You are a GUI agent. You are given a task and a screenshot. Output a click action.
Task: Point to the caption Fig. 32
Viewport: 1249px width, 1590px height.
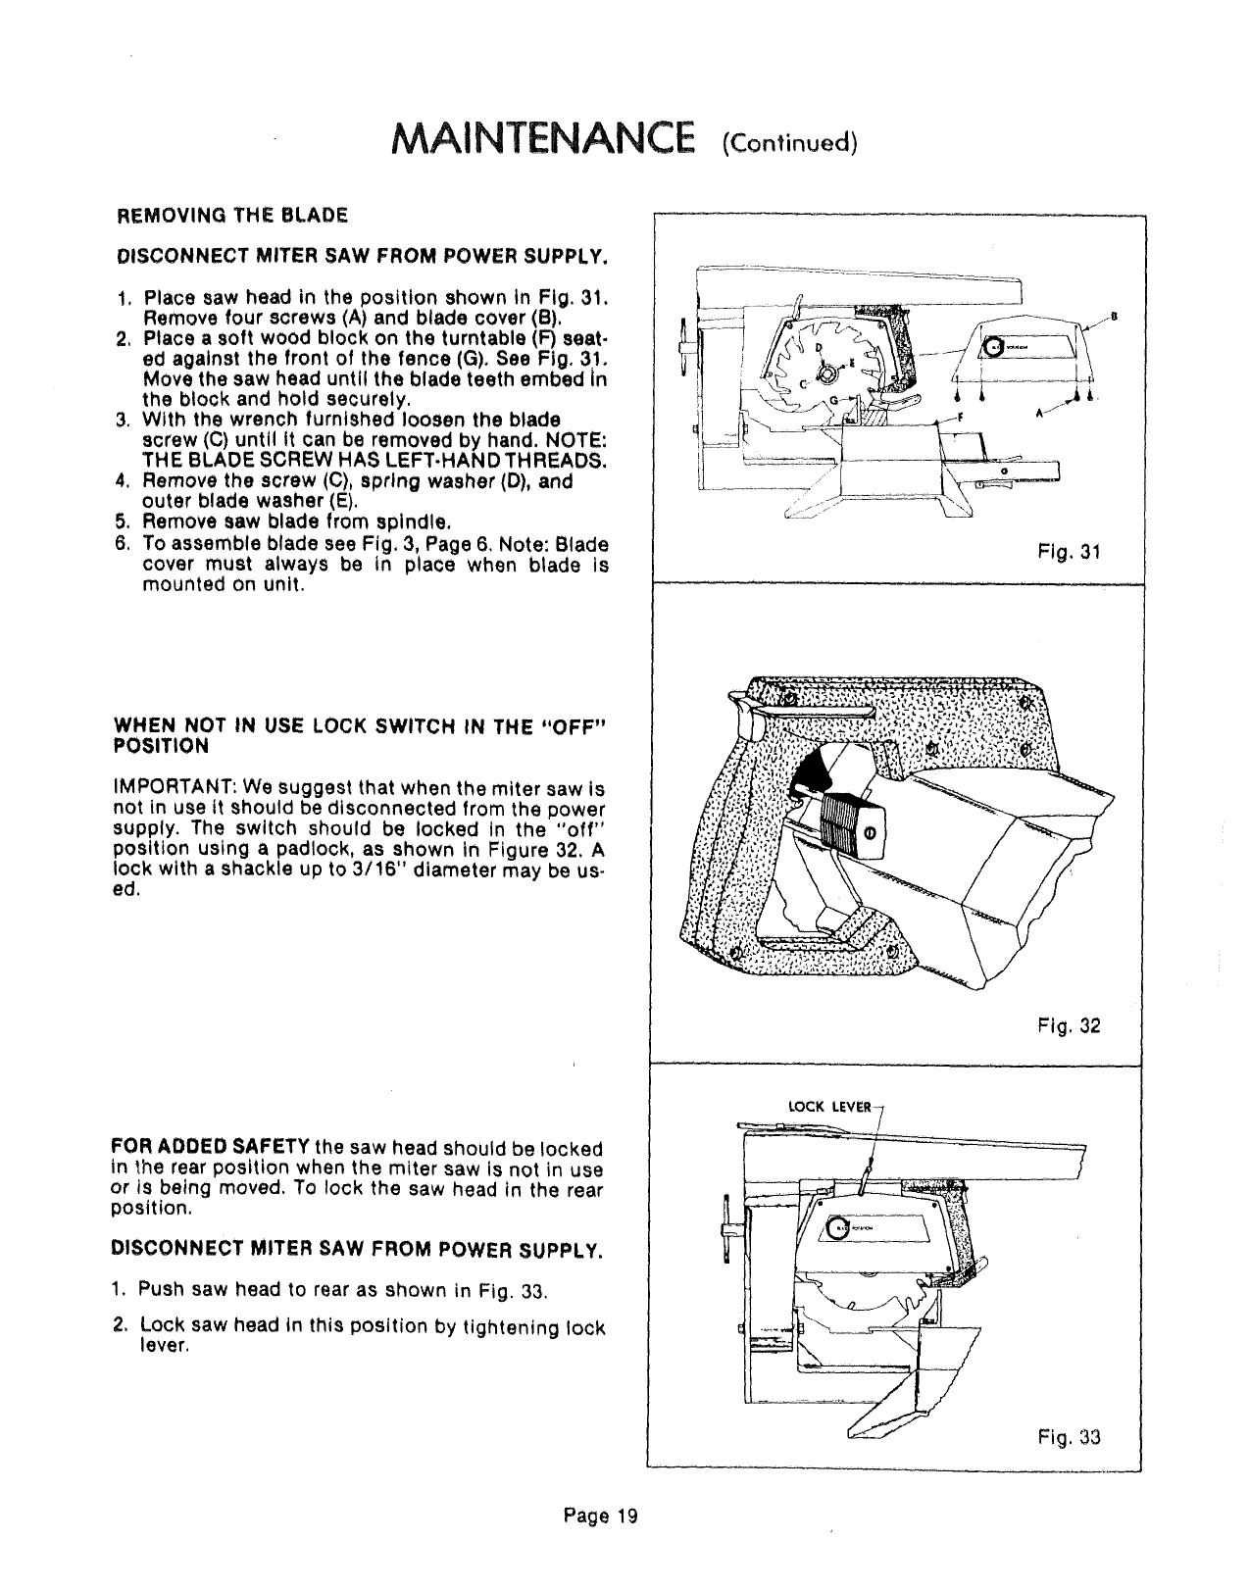[1075, 1026]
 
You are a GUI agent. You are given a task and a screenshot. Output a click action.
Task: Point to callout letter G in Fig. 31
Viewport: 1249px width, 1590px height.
[834, 400]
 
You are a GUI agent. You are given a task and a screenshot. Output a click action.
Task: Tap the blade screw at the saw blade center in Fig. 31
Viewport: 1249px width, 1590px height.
[827, 373]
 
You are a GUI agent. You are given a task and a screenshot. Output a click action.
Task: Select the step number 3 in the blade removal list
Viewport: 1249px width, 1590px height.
[123, 422]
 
